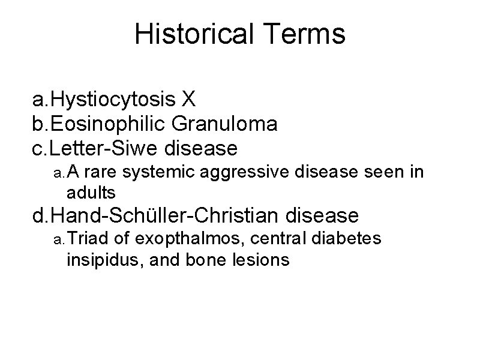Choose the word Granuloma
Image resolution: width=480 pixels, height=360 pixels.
[x=224, y=124]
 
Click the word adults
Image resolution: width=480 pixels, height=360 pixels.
[x=91, y=193]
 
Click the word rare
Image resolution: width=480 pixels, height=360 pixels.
[x=103, y=173]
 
